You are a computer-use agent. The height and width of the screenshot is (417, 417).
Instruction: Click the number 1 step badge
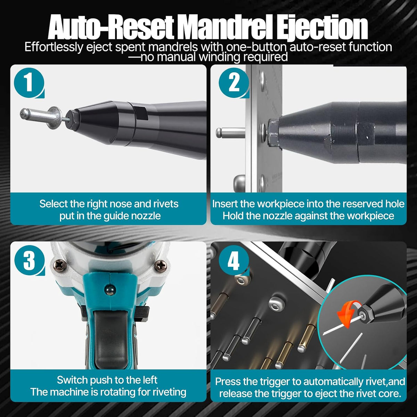(29, 83)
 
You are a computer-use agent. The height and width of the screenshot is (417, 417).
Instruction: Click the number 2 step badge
(234, 83)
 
